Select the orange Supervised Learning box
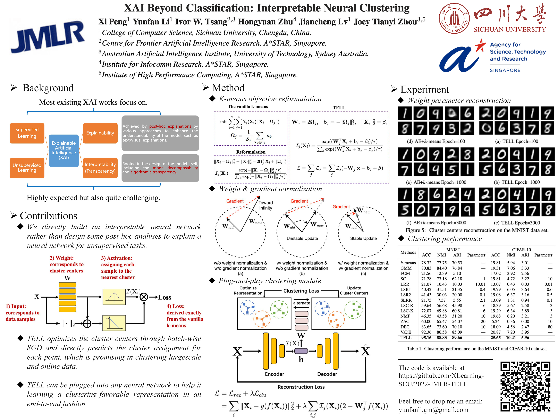click(x=27, y=133)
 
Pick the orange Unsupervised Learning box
click(x=27, y=168)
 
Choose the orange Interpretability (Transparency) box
click(x=100, y=168)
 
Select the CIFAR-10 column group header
click(x=521, y=250)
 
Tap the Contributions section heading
click(x=48, y=216)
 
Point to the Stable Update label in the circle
click(x=363, y=238)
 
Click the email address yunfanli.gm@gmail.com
click(x=433, y=410)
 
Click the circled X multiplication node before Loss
click(x=144, y=297)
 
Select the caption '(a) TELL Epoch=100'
click(x=516, y=141)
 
